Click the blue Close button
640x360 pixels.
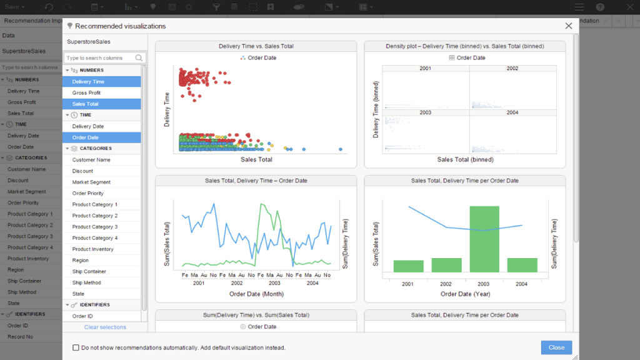point(556,347)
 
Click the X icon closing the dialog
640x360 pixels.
point(568,26)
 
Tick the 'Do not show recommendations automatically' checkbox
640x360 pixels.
point(76,347)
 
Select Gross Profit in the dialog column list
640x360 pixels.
point(86,93)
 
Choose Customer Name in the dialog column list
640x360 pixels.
point(91,160)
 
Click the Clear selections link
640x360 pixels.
point(105,327)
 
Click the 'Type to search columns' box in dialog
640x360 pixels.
point(100,58)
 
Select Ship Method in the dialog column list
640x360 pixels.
point(86,283)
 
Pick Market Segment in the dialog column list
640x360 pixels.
point(91,182)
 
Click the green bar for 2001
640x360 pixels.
point(408,266)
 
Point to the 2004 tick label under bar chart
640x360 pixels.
point(522,284)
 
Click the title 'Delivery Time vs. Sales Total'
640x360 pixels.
point(256,46)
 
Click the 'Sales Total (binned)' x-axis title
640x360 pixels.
point(465,159)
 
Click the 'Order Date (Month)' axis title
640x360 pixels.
point(256,294)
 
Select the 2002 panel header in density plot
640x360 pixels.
point(512,68)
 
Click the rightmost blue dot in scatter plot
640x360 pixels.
point(341,149)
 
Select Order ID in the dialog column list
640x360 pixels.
point(82,316)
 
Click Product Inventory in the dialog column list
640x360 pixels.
point(93,249)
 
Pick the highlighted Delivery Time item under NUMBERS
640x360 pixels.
point(88,82)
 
